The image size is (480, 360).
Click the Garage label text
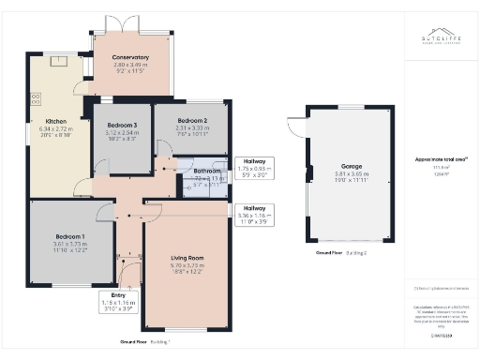click(352, 166)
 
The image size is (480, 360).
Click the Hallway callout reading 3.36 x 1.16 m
click(254, 215)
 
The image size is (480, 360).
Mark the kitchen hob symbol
click(37, 97)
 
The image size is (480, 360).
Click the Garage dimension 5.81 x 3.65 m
click(352, 177)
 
